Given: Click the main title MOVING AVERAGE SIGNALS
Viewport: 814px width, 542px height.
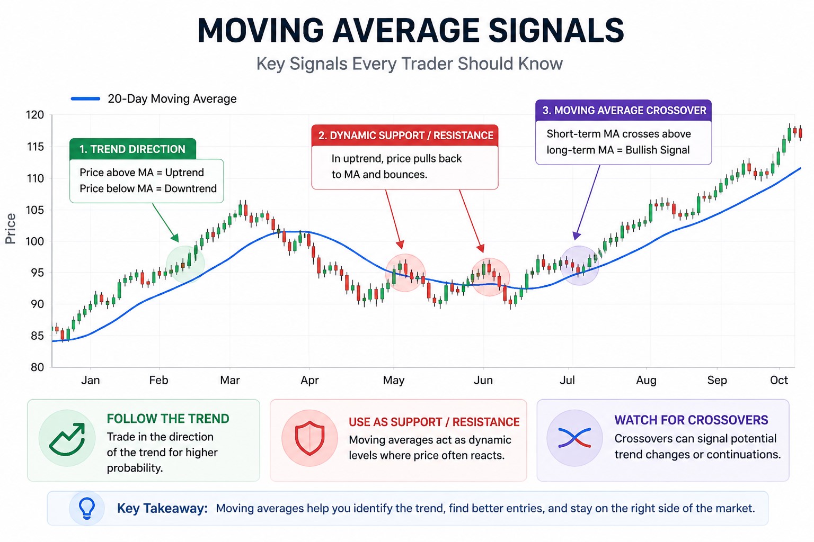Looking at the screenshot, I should [x=410, y=30].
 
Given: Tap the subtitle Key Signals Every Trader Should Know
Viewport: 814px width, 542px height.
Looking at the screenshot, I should [x=409, y=64].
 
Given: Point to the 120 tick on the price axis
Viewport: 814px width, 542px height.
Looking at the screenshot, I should [x=35, y=115].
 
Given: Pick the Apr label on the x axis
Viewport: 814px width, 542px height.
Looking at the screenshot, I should [x=309, y=380].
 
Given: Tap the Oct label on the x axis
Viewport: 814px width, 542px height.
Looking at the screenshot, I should [x=778, y=380].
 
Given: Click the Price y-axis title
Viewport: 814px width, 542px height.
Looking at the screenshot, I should [x=10, y=229].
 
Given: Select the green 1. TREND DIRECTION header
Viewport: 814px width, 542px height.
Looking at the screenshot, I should [x=132, y=149].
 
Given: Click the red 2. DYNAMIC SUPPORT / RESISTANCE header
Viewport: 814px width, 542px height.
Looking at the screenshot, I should [x=405, y=135].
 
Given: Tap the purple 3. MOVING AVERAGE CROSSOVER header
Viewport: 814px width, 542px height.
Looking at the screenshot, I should [x=624, y=111].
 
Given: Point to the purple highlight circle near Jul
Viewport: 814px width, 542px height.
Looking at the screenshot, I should [x=580, y=266].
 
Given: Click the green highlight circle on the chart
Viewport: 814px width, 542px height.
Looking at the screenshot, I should [x=185, y=264].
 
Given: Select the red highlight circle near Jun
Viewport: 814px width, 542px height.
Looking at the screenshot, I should [x=490, y=277].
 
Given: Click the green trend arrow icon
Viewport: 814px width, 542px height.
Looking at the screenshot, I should [x=67, y=438].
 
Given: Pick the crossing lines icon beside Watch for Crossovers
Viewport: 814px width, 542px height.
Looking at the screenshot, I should [x=574, y=438].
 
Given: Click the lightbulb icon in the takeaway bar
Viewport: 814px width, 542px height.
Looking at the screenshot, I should [x=87, y=508].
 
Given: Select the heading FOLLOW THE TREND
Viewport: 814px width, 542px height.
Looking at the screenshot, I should [x=168, y=419].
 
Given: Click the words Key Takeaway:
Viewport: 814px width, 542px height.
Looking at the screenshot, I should [x=162, y=509].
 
